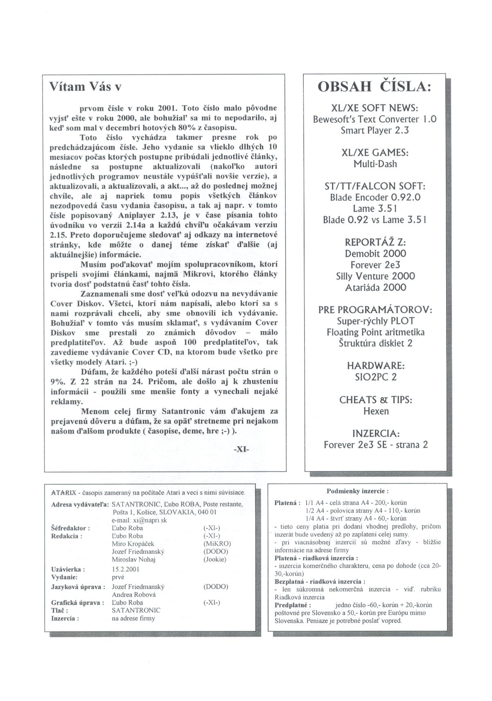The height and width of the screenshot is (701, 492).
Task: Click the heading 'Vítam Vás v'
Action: [85, 87]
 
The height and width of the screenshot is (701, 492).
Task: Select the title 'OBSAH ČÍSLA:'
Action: [375, 87]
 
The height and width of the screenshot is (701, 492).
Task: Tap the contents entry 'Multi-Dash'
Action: [375, 164]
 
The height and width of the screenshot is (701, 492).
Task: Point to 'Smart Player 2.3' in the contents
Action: [375, 131]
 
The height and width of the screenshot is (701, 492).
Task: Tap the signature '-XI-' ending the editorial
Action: [241, 449]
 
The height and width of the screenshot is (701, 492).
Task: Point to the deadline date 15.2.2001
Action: [126, 569]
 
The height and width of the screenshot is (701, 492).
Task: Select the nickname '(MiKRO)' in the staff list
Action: [217, 544]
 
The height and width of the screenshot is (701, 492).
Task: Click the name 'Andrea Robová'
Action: [133, 595]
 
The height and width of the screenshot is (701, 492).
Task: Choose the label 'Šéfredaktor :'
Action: [70, 528]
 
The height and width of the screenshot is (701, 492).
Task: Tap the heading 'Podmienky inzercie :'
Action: [358, 491]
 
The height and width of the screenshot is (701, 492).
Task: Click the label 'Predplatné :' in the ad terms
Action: [293, 605]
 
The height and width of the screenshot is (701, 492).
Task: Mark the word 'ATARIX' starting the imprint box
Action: [63, 493]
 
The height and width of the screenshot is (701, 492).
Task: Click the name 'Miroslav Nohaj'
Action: [133, 559]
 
